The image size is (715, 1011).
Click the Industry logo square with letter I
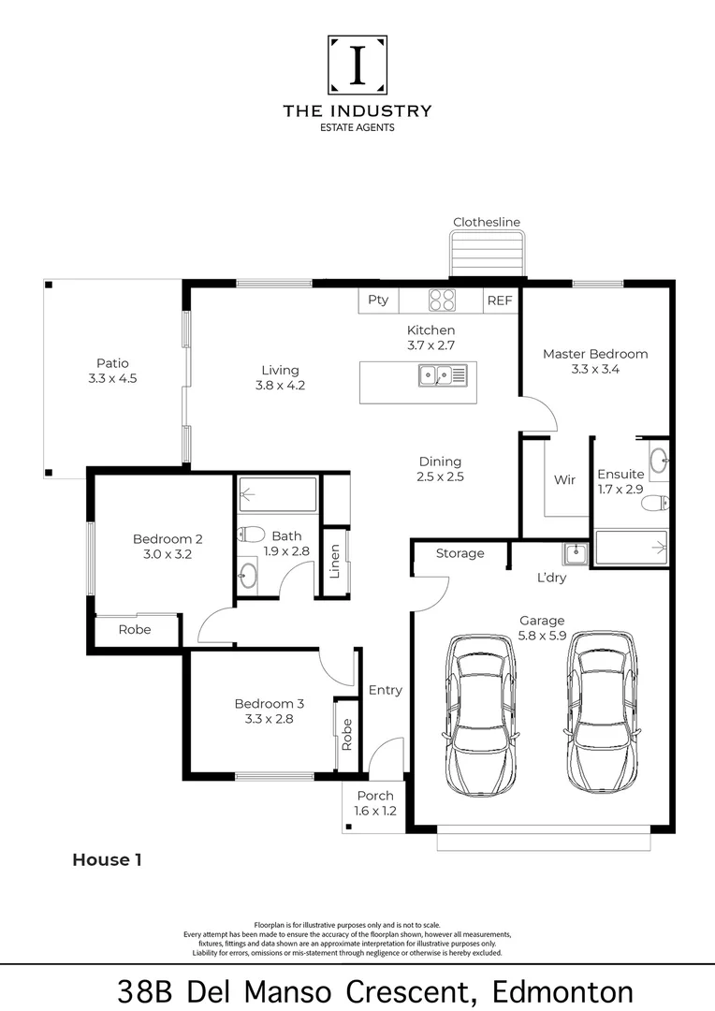point(357,66)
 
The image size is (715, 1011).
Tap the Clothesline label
point(487,222)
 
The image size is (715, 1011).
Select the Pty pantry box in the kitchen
point(378,300)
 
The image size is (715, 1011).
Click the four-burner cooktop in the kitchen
point(442,300)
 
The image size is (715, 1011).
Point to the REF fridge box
point(499,300)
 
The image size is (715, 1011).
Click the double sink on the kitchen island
point(443,375)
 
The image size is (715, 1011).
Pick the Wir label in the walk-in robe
point(564,480)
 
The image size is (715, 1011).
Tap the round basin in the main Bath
point(247,574)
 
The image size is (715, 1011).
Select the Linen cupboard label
point(335,561)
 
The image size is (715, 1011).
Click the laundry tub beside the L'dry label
point(575,554)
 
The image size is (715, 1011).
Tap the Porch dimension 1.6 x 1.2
point(374,811)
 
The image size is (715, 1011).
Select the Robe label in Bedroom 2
point(135,630)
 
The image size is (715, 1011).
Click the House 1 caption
point(107,859)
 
